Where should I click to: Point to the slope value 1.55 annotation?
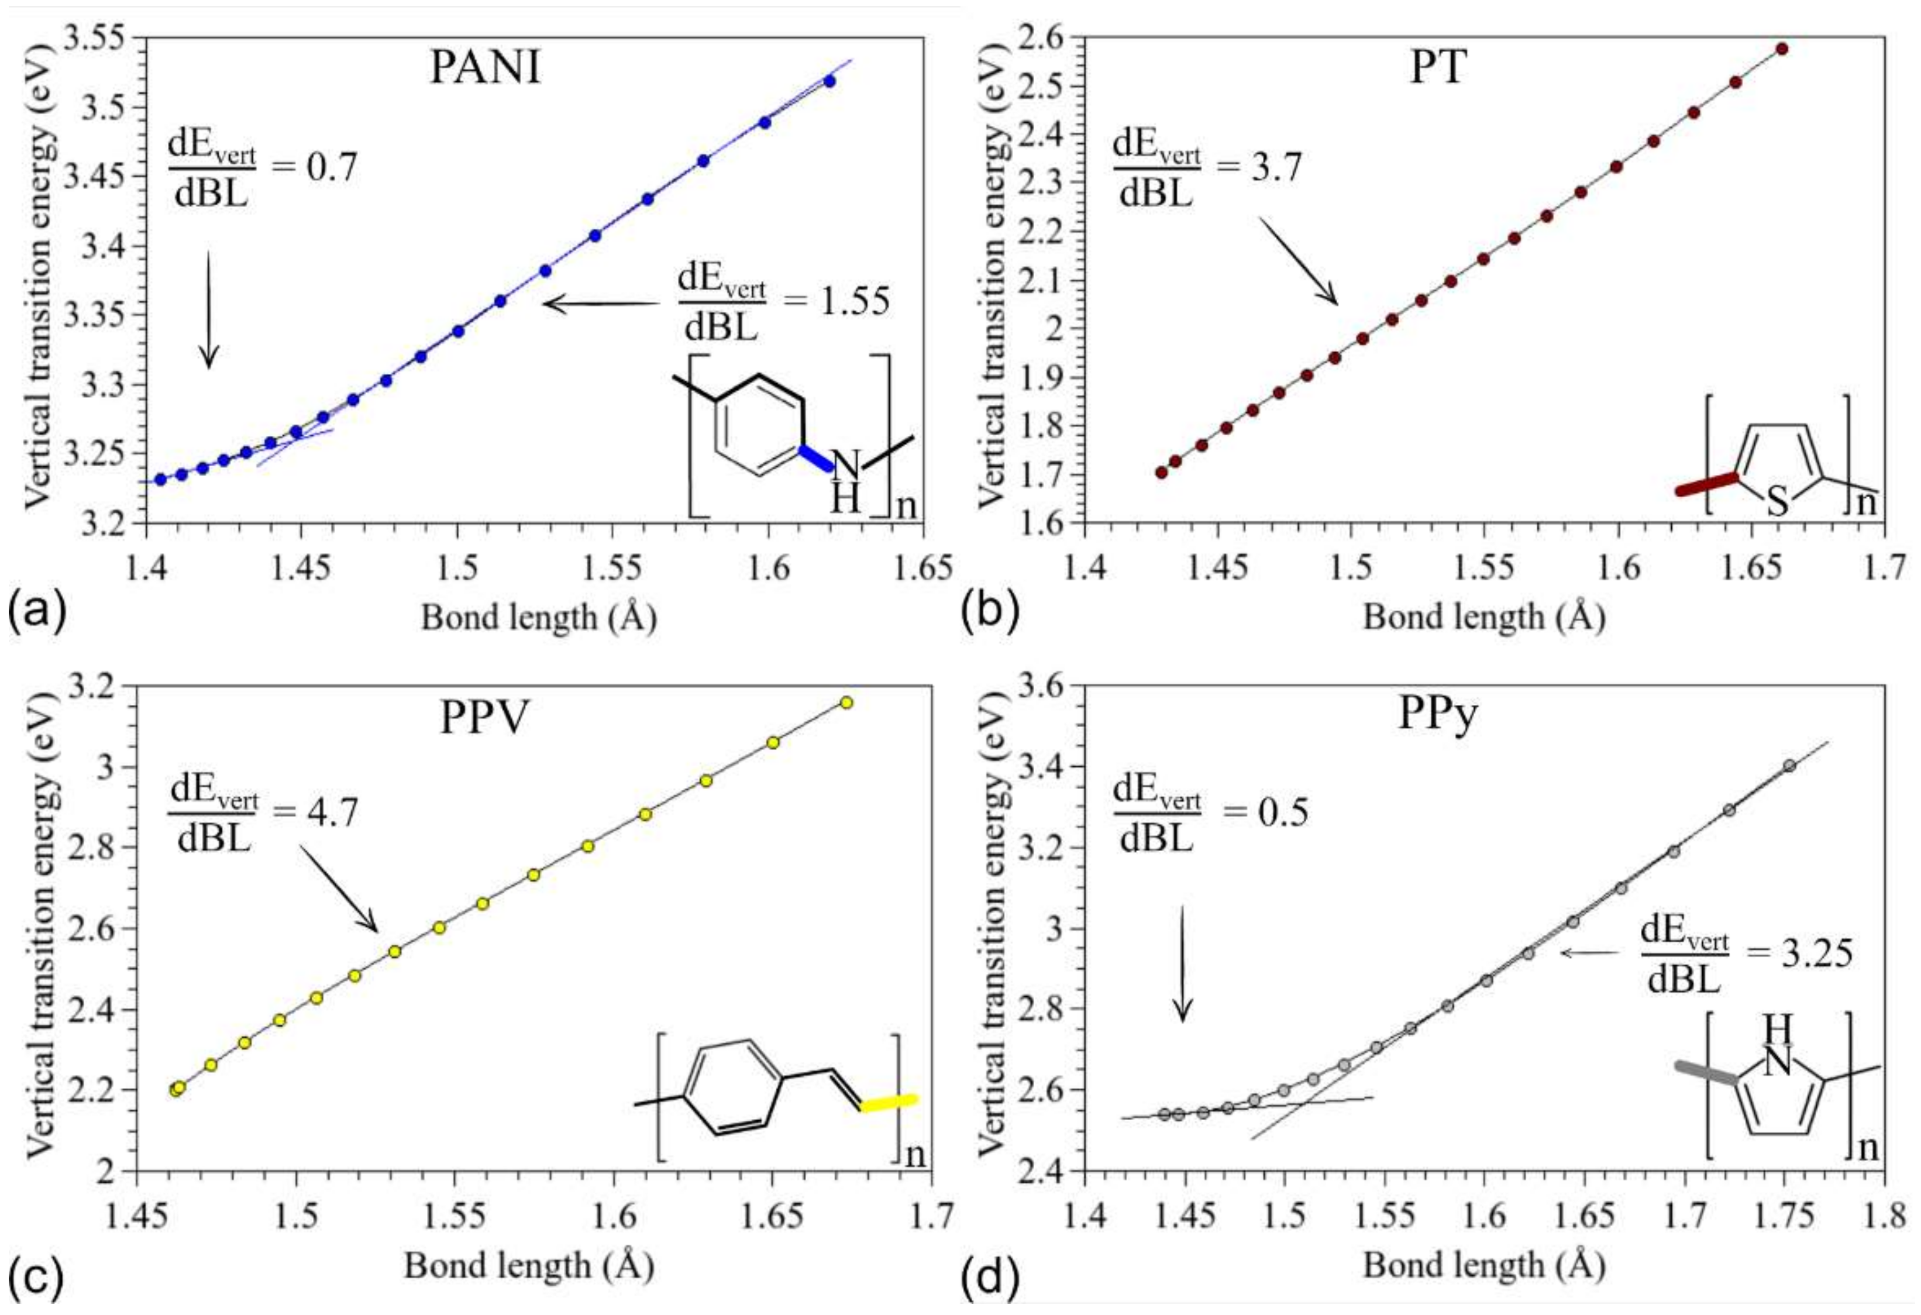855,302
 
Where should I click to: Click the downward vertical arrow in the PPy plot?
1183,963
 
